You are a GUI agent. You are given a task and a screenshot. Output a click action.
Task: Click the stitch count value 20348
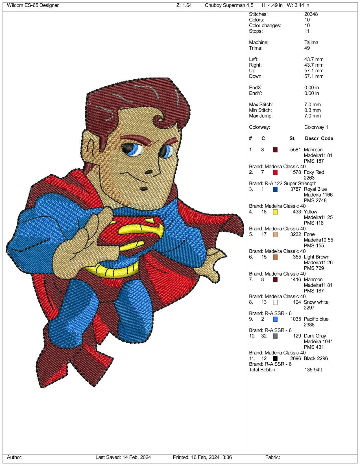click(311, 14)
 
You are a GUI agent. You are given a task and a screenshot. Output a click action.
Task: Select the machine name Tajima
click(311, 42)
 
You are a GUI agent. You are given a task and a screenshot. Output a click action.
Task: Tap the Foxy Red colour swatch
click(275, 172)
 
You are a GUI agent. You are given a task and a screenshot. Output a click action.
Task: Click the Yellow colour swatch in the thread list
click(275, 212)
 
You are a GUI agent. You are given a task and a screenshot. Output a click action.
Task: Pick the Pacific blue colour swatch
click(275, 319)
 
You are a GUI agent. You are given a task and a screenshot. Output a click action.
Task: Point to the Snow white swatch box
click(275, 302)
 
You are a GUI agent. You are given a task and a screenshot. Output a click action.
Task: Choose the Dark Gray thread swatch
click(275, 336)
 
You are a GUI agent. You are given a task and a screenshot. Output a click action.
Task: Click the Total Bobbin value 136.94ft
click(313, 370)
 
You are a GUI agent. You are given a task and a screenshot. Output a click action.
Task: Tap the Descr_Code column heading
click(319, 139)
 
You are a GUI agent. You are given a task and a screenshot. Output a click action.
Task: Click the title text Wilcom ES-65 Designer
click(33, 5)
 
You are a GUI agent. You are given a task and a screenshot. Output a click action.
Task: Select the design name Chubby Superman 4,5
click(229, 5)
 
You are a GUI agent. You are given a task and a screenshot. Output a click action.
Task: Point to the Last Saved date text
click(123, 457)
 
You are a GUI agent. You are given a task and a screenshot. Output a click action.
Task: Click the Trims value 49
click(307, 48)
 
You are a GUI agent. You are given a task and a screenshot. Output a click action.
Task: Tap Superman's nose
click(149, 172)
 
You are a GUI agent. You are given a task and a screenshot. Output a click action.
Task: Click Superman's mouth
click(143, 189)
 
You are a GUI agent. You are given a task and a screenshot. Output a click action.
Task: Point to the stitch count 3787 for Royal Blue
click(295, 189)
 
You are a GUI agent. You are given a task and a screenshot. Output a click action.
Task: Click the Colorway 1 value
click(316, 127)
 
